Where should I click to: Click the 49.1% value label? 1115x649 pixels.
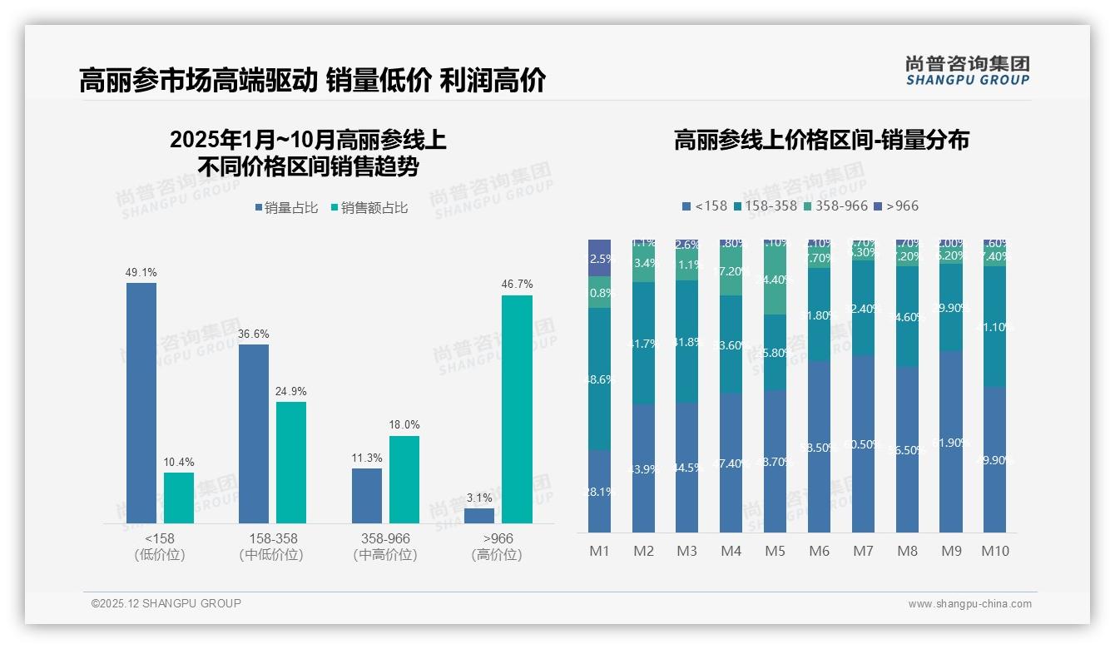point(141,272)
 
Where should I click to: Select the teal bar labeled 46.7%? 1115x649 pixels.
point(517,409)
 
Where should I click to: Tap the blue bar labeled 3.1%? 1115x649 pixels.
point(479,515)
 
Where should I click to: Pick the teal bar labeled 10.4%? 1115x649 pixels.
point(179,498)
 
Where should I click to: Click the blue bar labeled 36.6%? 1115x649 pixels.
point(254,433)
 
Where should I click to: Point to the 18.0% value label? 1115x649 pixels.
point(404,424)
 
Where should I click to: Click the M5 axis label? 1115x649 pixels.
point(775,551)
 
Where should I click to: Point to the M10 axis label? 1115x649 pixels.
point(995,551)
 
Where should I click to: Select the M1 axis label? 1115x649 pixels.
point(599,551)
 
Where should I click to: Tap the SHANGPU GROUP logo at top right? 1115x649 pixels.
point(967,71)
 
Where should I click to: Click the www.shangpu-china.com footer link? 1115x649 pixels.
point(969,604)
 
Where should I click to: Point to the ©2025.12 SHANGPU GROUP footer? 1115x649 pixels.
point(166,603)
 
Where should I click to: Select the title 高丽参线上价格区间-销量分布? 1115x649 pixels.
point(821,140)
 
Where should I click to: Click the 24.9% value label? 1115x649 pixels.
point(291,391)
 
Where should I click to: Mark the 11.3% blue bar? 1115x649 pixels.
point(367,495)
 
